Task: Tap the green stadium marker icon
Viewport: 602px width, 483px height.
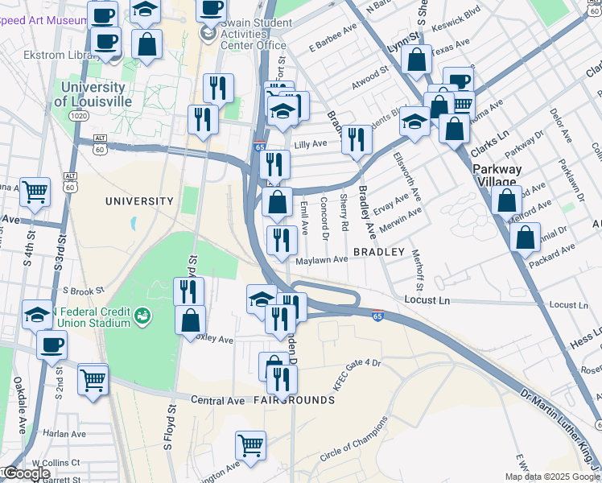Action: coord(142,314)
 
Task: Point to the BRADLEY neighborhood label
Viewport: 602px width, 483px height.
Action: coord(378,252)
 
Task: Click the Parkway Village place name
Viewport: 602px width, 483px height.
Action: coord(497,175)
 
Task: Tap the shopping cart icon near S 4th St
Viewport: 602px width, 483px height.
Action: coord(35,192)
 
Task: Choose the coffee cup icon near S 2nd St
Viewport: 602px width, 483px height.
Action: coord(52,345)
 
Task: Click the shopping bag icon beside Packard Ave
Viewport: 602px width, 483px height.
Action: coord(525,237)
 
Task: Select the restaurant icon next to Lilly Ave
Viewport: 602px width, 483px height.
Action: coord(357,139)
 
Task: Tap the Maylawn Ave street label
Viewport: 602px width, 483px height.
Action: coord(321,259)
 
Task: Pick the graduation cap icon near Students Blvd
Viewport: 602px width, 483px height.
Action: coord(414,122)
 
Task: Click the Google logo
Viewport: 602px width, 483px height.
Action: coord(27,473)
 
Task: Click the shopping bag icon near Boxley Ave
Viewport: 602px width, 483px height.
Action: coord(190,320)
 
